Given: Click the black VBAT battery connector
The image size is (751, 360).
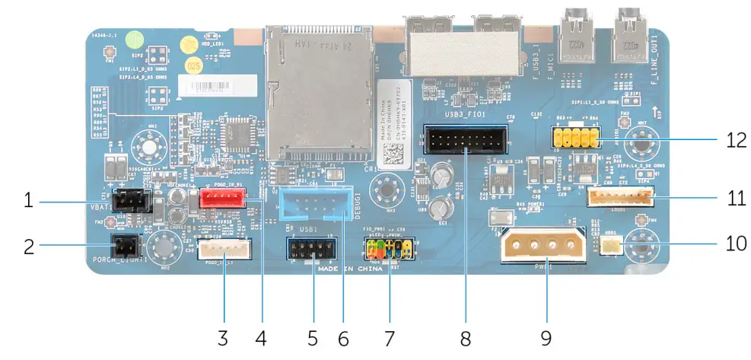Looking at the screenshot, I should coord(130,201).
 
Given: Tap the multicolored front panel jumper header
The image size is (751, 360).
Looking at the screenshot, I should coord(388,247).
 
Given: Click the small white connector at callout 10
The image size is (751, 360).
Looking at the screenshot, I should coord(609,244).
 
